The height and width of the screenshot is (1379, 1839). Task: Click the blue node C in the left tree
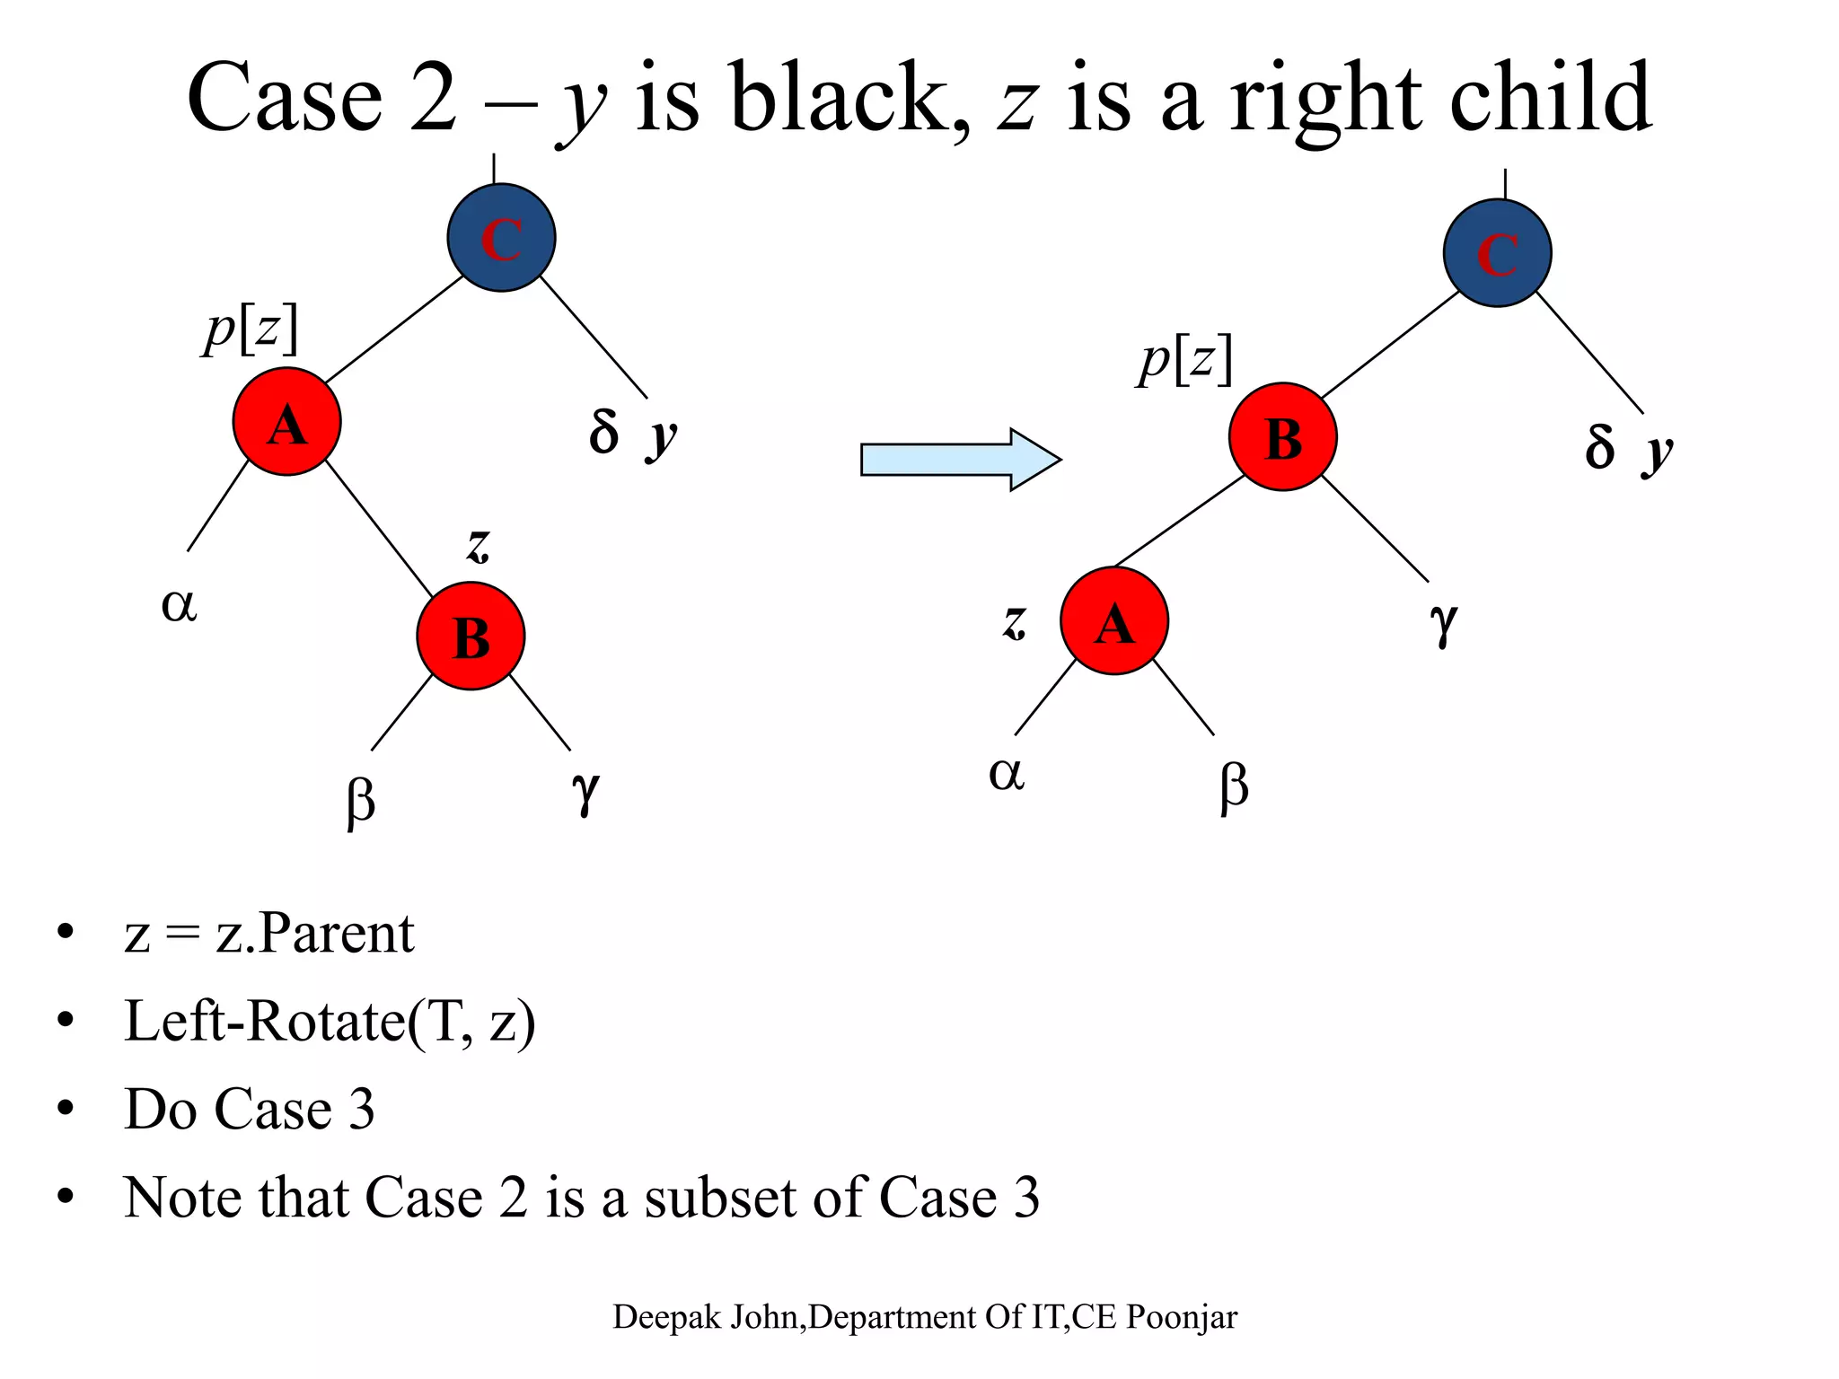[x=501, y=238]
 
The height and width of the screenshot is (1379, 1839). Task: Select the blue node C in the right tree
[x=1497, y=253]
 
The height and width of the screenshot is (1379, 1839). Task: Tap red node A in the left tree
[x=286, y=421]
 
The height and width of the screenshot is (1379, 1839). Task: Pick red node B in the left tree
[x=471, y=636]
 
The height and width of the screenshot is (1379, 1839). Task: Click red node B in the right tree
[x=1282, y=437]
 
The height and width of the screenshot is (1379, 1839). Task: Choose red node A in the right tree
[x=1113, y=620]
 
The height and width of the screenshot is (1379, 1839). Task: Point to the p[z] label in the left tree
[x=251, y=329]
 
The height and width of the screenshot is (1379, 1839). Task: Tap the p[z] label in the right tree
[x=1185, y=360]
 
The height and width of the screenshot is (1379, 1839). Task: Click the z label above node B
[x=478, y=545]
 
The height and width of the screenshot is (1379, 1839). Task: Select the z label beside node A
[x=1014, y=621]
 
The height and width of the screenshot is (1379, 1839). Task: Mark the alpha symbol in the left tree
[x=179, y=604]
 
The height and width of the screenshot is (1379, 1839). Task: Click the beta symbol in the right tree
[x=1234, y=786]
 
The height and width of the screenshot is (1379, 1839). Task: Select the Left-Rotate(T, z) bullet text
[x=330, y=1021]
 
